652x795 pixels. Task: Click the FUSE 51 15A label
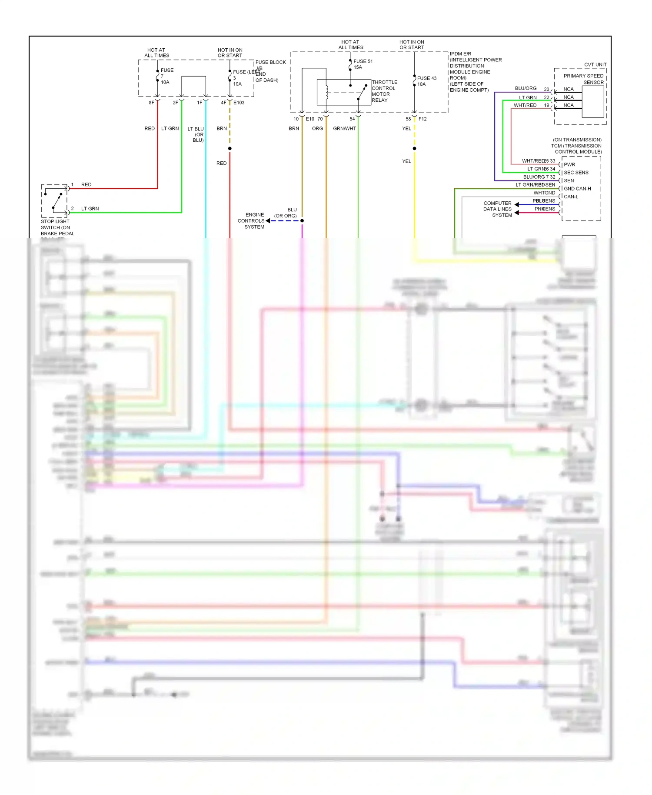click(x=363, y=64)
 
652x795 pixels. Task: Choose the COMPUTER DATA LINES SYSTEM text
click(x=498, y=209)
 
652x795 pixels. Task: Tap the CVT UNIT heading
click(x=595, y=64)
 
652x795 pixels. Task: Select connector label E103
click(x=239, y=103)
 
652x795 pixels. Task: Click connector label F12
click(x=422, y=119)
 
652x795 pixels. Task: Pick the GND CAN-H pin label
click(x=577, y=189)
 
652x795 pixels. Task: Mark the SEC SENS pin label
click(x=576, y=173)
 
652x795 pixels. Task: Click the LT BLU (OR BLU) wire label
click(x=196, y=134)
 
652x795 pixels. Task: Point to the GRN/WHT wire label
click(x=344, y=129)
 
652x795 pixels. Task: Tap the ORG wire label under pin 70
click(x=317, y=129)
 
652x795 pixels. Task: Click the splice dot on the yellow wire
click(x=414, y=149)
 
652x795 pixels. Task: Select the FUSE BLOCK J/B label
click(x=270, y=65)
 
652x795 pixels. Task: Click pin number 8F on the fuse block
click(x=151, y=103)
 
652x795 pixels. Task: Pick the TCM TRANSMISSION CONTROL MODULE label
click(x=576, y=146)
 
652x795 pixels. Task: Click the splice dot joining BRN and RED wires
click(x=230, y=149)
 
